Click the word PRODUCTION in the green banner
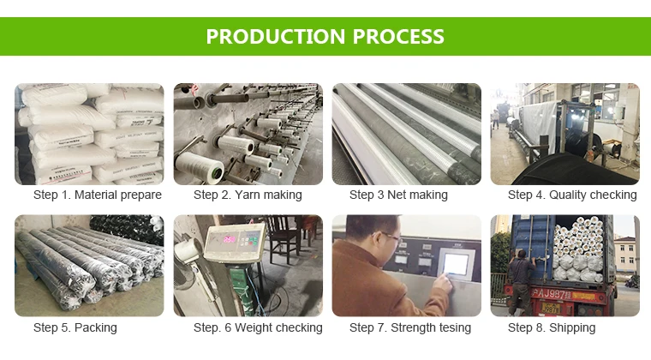tap(276, 37)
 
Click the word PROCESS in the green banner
tap(398, 37)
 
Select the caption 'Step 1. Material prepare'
tap(98, 195)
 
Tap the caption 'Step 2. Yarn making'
tap(248, 195)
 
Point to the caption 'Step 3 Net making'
tap(398, 195)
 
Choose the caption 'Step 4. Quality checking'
tap(572, 195)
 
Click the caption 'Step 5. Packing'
tap(75, 327)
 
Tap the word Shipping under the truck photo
tap(572, 327)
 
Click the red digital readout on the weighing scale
tap(230, 239)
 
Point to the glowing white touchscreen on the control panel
tap(457, 265)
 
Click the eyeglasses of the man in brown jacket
tap(390, 237)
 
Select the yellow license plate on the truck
tap(551, 309)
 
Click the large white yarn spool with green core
tap(200, 166)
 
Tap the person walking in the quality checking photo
tap(496, 119)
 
